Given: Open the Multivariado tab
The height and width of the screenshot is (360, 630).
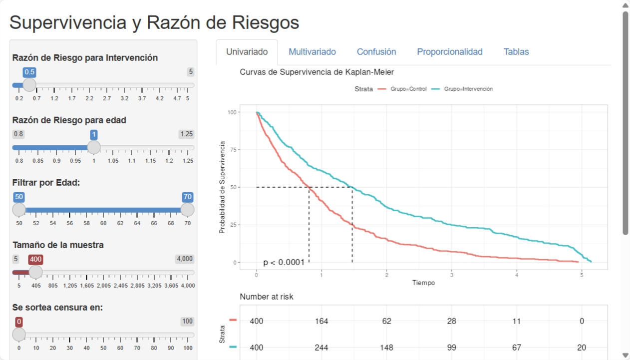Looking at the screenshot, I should [312, 52].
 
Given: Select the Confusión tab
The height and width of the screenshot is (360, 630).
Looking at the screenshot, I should [376, 52].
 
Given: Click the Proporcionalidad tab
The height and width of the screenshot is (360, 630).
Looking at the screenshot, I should [450, 52].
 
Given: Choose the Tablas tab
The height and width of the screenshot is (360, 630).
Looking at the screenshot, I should [516, 52].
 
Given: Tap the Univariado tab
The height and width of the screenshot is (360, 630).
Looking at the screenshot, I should [247, 52].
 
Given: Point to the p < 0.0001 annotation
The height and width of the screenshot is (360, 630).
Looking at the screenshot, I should [284, 262].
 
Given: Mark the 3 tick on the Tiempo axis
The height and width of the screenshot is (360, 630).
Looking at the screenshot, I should [452, 275].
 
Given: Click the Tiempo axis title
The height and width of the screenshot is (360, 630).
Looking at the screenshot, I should [423, 283].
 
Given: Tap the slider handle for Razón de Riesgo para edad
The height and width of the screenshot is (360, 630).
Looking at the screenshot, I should [94, 147].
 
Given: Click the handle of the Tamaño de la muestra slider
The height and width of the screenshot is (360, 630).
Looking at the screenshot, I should [35, 272].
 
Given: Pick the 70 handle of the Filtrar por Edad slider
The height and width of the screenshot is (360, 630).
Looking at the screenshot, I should [188, 210].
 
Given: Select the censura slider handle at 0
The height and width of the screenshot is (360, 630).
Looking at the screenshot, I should [19, 335].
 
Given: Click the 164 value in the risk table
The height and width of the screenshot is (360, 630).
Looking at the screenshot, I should [321, 321].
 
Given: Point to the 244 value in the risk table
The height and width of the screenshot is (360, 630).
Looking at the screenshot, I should [321, 348].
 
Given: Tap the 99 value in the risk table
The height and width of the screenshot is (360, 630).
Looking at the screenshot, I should [452, 348].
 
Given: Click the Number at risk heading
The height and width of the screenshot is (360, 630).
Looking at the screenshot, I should [267, 297].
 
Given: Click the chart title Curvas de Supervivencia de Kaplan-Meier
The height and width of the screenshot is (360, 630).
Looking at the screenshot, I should [316, 72].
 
